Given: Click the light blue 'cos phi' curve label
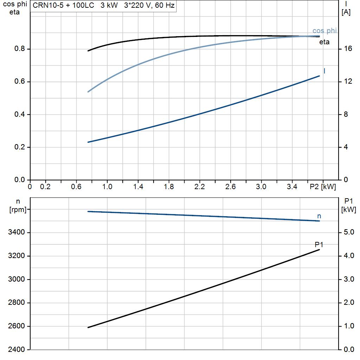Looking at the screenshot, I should (x=324, y=31).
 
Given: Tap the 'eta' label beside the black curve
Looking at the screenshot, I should (x=324, y=42).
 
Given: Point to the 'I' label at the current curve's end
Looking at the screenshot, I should (x=324, y=71).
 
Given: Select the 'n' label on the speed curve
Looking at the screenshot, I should (x=319, y=216).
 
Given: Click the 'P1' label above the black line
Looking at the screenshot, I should (x=319, y=244).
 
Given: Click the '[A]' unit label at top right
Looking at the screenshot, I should (x=346, y=12).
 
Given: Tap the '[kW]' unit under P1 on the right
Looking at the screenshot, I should (x=348, y=210).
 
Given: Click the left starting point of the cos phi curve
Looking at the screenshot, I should (x=88, y=92).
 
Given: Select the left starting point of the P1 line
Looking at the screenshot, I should (x=88, y=327).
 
